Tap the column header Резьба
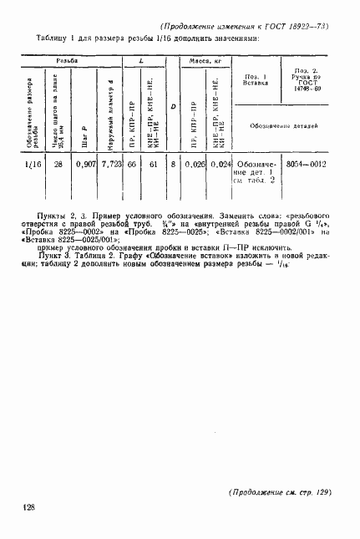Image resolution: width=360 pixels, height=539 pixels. (x=68, y=63)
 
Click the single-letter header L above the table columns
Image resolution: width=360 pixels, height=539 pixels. (x=142, y=63)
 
